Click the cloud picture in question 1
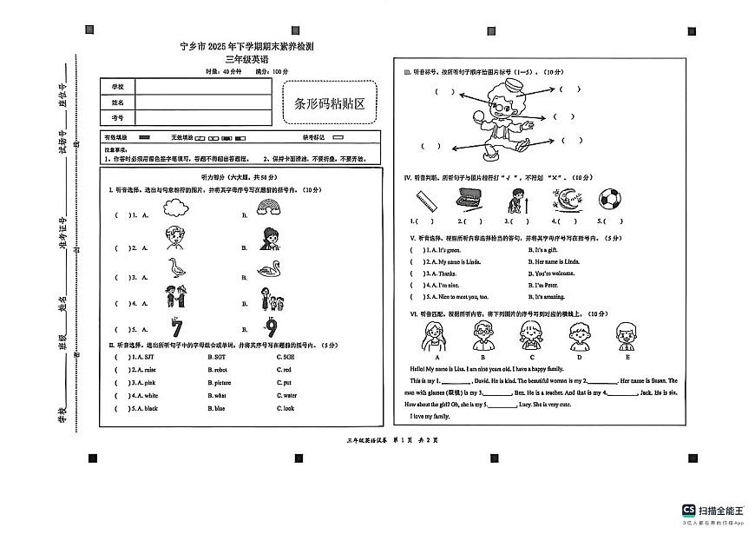coord(176,208)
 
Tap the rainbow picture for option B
coord(271,208)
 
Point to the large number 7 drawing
coord(176,327)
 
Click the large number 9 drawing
coord(272,327)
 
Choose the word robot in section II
coord(218,369)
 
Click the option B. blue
coord(217,408)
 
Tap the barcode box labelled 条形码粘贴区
coord(330,104)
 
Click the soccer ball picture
coord(611,199)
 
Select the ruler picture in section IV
coord(424,201)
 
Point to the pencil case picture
coord(469,198)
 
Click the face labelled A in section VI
coord(437,334)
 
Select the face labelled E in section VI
coord(625,334)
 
